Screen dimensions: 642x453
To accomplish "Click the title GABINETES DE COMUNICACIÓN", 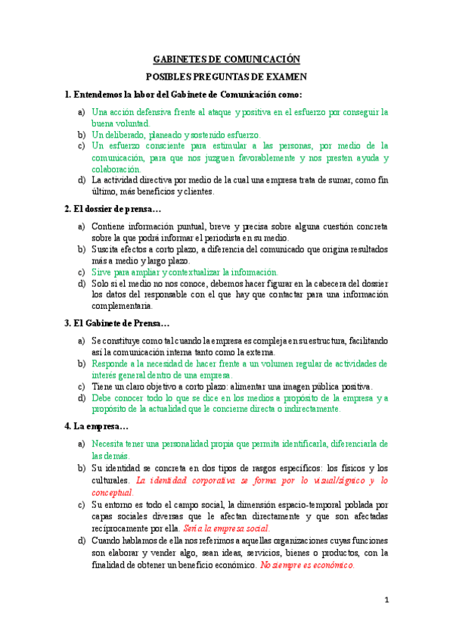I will (227, 59).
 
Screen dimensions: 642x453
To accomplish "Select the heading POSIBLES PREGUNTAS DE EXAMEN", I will (226, 77).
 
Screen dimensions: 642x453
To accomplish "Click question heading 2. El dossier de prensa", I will (113, 208).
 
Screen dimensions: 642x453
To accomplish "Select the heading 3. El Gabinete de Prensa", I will (116, 323).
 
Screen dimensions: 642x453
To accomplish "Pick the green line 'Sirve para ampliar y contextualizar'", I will (185, 272).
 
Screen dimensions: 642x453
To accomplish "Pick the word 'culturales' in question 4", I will (111, 481).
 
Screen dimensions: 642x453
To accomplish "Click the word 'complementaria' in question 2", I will (121, 307).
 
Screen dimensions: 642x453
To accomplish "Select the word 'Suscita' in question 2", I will (107, 249).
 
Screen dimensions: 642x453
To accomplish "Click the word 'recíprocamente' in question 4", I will (122, 528).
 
